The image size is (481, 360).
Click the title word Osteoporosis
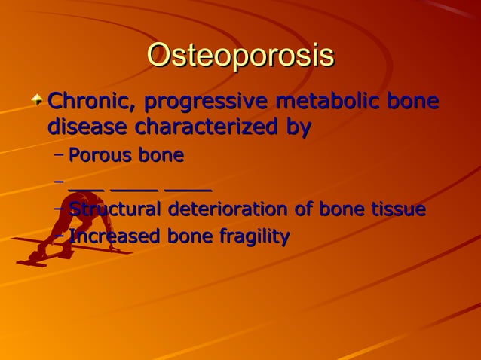[240, 57]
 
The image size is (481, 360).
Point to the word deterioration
[227, 209]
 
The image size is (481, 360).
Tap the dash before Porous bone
[59, 157]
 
